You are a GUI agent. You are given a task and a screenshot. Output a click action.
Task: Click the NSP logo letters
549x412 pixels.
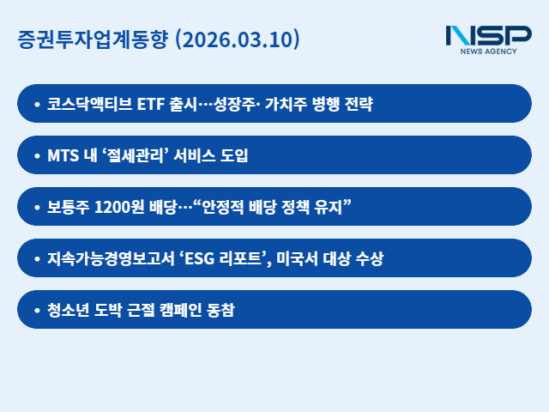pos(488,36)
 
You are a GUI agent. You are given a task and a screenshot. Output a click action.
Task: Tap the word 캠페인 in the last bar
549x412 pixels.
pos(196,310)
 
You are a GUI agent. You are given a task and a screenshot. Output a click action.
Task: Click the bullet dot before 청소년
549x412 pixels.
pos(36,310)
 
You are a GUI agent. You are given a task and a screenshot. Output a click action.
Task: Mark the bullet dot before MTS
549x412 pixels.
pos(36,155)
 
